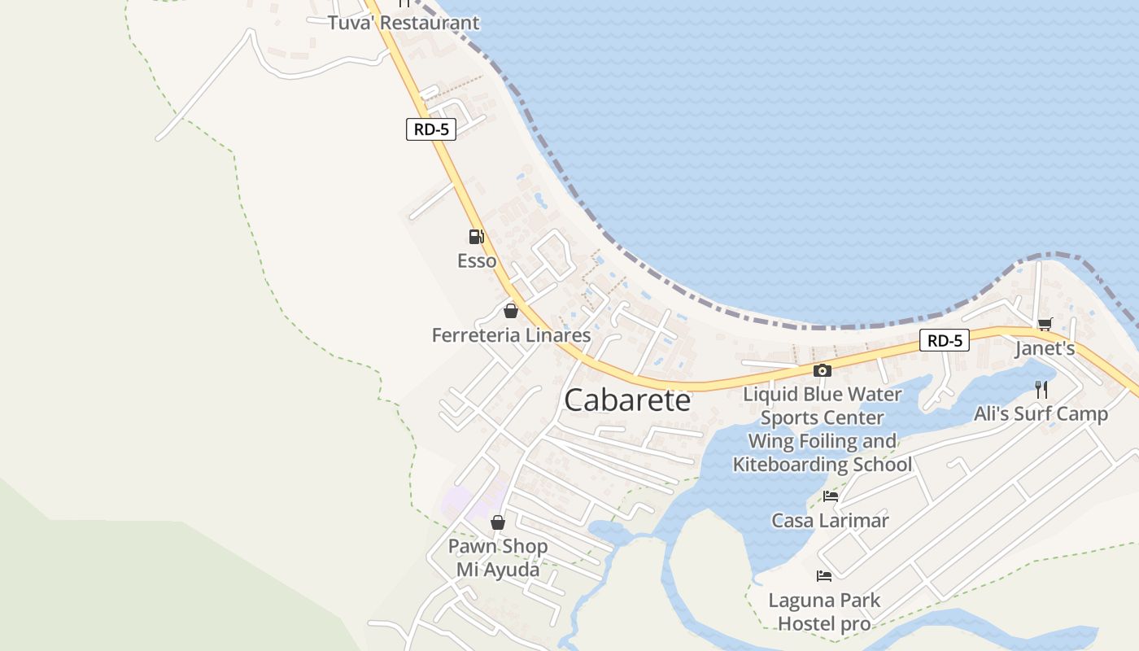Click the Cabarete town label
627,400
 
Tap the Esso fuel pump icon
477,237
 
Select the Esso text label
477,261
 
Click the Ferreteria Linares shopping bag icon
511,311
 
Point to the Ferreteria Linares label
511,335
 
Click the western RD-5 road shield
431,129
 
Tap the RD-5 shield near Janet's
945,340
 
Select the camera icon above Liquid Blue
823,371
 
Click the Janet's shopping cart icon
1045,325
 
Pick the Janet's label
1045,349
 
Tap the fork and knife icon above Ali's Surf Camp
1041,389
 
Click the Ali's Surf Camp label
1041,414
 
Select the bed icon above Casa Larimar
830,496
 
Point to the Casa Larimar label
830,521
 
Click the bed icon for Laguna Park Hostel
824,576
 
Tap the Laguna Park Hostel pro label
824,612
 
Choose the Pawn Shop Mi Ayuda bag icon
498,522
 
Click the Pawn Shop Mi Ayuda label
498,557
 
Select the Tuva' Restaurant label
404,23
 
